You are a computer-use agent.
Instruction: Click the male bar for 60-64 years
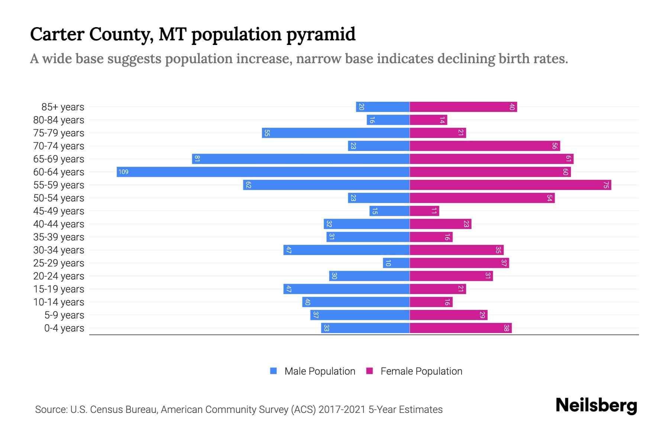coord(263,172)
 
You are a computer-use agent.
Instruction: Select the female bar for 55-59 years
coord(510,185)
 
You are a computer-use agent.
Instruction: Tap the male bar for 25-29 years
coord(396,263)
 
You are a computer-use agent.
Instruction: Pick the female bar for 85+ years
coord(463,107)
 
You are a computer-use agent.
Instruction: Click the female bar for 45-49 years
coord(424,211)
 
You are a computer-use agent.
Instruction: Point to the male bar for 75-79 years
coord(336,133)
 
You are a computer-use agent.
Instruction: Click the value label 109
coord(123,172)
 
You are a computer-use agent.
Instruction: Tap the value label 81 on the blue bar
coord(197,159)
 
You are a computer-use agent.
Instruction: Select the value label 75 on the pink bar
coord(606,185)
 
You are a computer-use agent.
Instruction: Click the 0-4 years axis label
coord(64,328)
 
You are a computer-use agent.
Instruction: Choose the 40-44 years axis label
coord(59,224)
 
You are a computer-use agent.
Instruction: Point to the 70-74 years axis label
coord(59,146)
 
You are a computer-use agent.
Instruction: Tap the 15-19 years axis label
coord(59,289)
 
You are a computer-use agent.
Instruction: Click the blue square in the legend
coord(274,371)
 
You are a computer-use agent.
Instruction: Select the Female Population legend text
coord(421,371)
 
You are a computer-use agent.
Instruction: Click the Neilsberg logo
coord(596,405)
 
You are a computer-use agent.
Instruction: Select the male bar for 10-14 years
coord(356,302)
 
